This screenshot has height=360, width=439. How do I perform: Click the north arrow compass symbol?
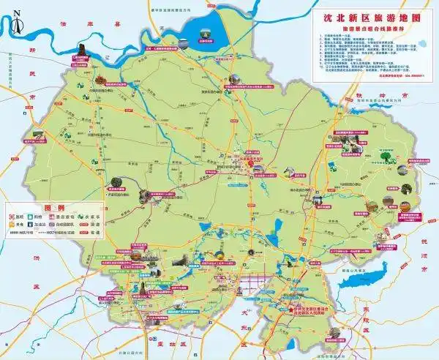(17, 12)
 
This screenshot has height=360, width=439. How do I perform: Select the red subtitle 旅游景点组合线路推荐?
(372, 26)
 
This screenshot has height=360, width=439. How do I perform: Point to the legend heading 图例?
(52, 208)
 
